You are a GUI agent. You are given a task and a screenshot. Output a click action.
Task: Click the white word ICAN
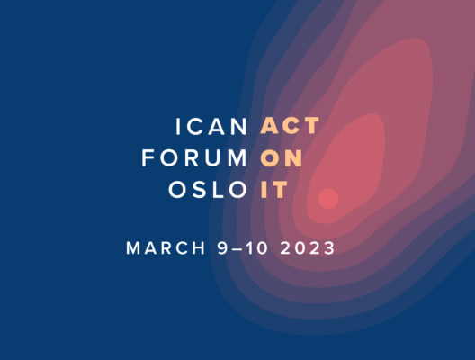[x=211, y=126]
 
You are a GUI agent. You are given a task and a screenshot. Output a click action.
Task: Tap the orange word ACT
[x=290, y=125]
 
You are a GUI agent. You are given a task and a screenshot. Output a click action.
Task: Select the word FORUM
[x=194, y=157]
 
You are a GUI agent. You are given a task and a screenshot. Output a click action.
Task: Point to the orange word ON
[x=282, y=157]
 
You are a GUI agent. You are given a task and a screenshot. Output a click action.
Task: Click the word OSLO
[x=208, y=190]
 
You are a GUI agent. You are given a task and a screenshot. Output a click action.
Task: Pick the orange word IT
[x=273, y=190]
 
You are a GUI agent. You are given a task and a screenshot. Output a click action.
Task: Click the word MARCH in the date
[x=166, y=248]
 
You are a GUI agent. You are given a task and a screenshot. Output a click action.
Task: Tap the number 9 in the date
[x=222, y=248]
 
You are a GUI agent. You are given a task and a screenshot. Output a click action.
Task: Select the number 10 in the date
[x=257, y=248]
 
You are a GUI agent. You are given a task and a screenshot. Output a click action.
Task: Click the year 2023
[x=307, y=248]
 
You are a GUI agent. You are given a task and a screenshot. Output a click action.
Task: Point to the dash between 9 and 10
[x=237, y=249]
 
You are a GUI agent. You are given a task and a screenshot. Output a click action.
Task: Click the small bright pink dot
[x=328, y=199]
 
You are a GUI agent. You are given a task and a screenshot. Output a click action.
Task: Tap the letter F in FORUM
[x=148, y=157]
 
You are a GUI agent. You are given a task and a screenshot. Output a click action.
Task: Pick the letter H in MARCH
[x=199, y=248]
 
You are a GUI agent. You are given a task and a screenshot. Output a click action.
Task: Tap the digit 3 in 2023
[x=329, y=248]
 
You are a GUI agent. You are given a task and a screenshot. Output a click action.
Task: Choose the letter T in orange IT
[x=280, y=190]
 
